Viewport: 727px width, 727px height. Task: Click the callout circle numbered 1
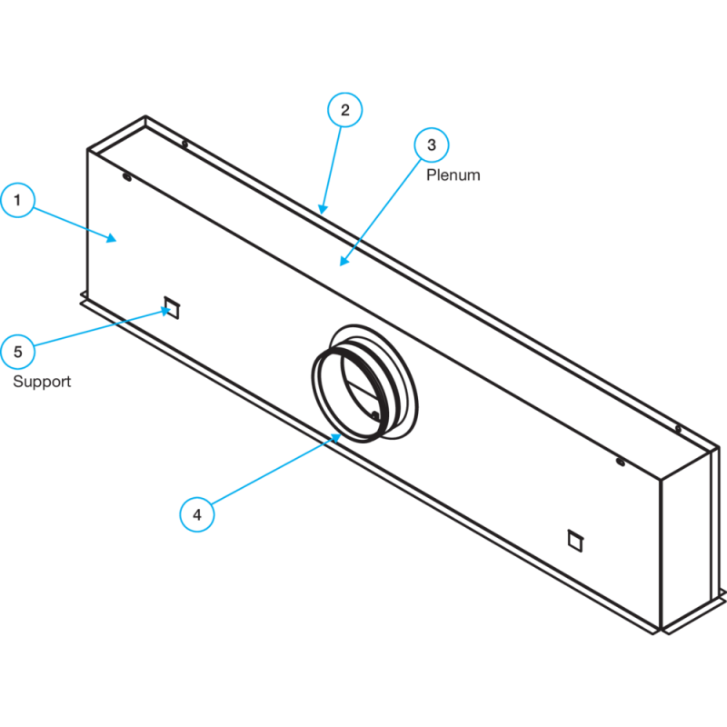[x=17, y=200]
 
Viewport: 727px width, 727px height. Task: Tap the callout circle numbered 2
[x=345, y=110]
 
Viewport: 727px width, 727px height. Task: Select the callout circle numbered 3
[x=432, y=144]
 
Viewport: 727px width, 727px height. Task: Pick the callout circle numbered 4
[x=197, y=514]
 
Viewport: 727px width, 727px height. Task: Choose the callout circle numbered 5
[x=17, y=352]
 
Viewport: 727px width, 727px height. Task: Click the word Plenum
[x=453, y=175]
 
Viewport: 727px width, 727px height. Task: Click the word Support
[x=42, y=382]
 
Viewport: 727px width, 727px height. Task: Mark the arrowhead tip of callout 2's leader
[x=321, y=214]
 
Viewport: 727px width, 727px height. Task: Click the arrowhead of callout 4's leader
[x=341, y=434]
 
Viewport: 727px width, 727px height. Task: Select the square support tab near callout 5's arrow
[x=172, y=307]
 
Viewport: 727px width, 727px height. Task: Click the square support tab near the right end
[x=575, y=541]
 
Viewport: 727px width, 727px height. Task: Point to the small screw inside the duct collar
[x=375, y=415]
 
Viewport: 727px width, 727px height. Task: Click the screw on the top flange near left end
[x=184, y=144]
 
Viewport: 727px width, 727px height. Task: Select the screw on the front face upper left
[x=126, y=176]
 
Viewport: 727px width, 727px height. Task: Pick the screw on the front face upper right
[x=620, y=462]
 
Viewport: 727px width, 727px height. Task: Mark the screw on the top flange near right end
[x=678, y=429]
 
